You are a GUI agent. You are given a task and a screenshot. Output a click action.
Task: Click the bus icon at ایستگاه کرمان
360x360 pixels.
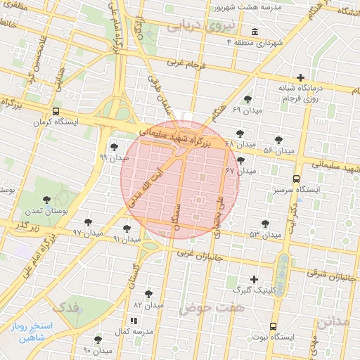(56, 111)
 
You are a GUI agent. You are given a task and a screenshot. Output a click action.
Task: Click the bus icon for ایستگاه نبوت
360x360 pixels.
(273, 326)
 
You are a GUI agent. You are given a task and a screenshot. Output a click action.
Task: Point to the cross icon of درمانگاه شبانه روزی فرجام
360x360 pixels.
(301, 77)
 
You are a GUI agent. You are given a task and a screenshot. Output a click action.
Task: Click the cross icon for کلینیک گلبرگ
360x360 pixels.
(254, 279)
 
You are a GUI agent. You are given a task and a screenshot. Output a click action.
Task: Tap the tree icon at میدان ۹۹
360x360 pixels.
(114, 147)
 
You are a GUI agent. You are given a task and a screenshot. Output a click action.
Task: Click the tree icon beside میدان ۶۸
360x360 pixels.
(240, 133)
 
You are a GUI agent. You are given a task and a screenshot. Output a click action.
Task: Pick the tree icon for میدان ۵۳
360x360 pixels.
(265, 224)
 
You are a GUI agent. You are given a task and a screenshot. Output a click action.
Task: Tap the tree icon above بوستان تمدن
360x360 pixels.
(46, 200)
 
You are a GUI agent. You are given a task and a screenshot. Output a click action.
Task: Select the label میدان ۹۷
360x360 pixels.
(88, 232)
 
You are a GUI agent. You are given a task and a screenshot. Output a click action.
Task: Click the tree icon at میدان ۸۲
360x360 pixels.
(148, 294)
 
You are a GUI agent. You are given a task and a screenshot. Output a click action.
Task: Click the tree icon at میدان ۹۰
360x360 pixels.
(98, 339)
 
